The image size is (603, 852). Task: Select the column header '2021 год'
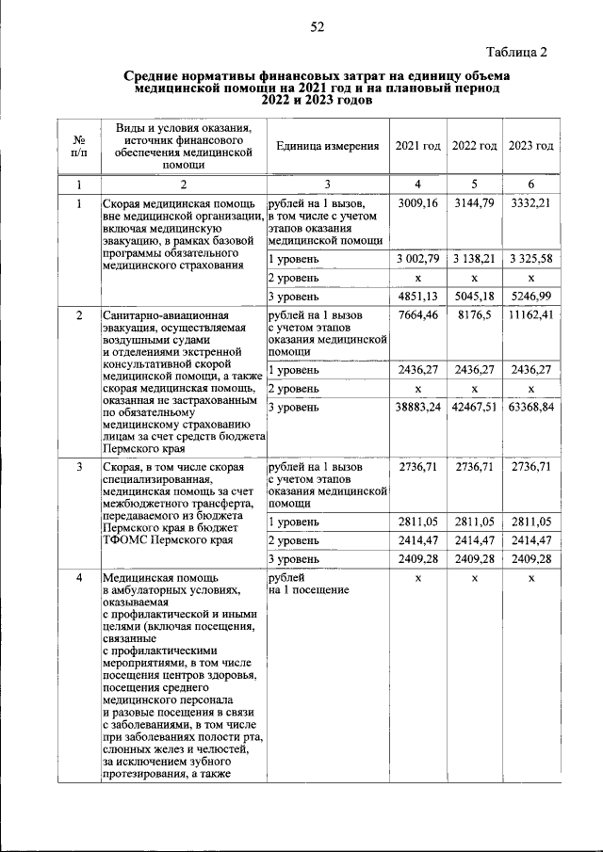[x=417, y=146]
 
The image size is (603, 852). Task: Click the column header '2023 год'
[x=531, y=146]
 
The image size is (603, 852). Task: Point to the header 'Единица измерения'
[x=328, y=146]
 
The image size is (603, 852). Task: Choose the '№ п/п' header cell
[x=79, y=146]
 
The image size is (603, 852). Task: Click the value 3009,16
[x=418, y=202]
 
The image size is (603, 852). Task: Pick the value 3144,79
[x=475, y=202]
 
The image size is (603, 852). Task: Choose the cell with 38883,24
[x=418, y=407]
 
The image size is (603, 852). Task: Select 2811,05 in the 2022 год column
[x=475, y=522]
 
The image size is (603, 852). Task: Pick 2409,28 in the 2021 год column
[x=418, y=559]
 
